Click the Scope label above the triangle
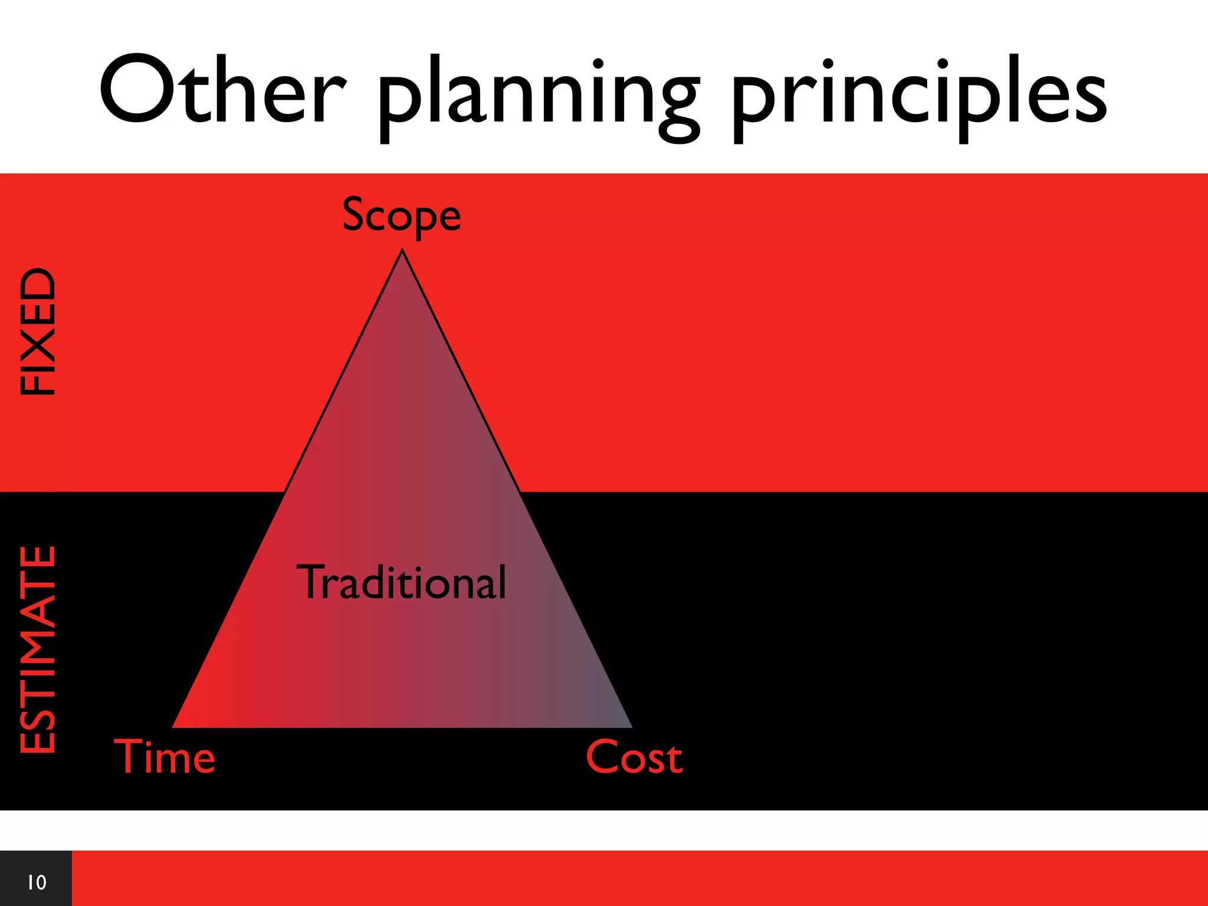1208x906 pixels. pyautogui.click(x=401, y=216)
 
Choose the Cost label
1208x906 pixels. pyautogui.click(x=634, y=757)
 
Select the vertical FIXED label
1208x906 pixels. pyautogui.click(x=38, y=331)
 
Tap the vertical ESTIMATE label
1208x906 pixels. pyautogui.click(x=38, y=649)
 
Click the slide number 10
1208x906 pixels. pyautogui.click(x=37, y=882)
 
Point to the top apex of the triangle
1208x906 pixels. pyautogui.click(x=402, y=252)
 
